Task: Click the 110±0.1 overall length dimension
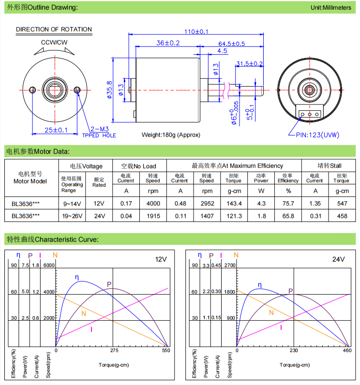(x=195, y=31)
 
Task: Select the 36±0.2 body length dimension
(x=168, y=44)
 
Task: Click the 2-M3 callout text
(x=100, y=130)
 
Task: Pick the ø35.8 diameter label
(x=110, y=89)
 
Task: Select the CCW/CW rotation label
(x=54, y=43)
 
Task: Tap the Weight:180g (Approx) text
(x=171, y=135)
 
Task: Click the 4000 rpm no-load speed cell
(x=153, y=204)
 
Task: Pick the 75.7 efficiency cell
(x=288, y=204)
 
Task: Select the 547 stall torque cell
(x=341, y=204)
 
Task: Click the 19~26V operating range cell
(x=72, y=216)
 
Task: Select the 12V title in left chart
(x=161, y=260)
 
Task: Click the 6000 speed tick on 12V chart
(x=49, y=266)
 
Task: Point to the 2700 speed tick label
(x=230, y=266)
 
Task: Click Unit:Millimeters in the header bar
(x=331, y=8)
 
